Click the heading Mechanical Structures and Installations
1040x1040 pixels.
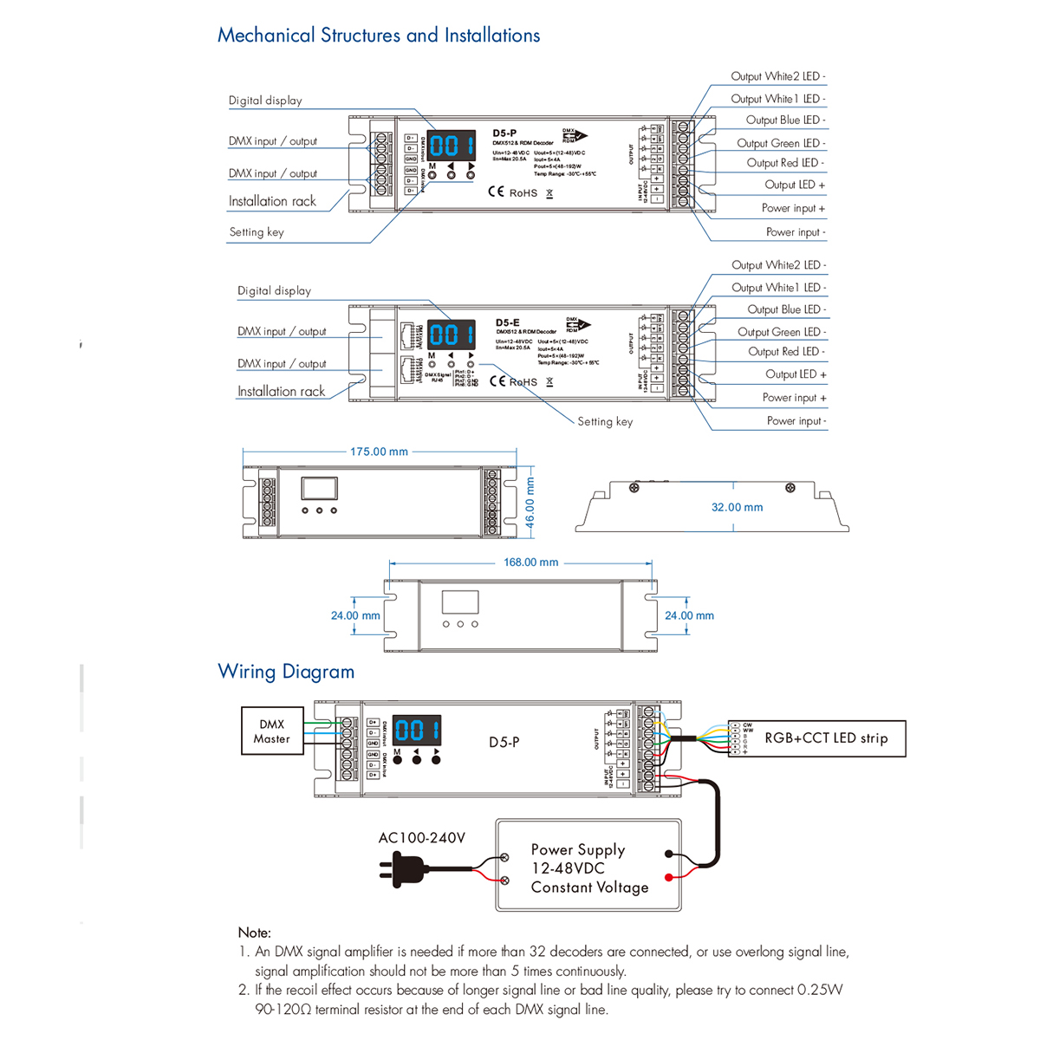(379, 36)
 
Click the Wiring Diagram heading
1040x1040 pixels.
(286, 672)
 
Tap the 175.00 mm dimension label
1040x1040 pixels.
(379, 452)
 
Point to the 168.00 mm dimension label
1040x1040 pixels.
(530, 562)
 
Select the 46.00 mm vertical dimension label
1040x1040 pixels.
(530, 503)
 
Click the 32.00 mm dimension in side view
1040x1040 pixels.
(737, 508)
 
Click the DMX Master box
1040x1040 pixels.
(271, 731)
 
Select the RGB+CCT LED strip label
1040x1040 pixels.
(825, 738)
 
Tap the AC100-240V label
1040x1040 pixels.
(422, 838)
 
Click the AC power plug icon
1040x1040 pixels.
(402, 868)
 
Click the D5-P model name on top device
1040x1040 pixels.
(504, 133)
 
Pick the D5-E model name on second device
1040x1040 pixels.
(508, 322)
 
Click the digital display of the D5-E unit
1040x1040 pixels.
(452, 335)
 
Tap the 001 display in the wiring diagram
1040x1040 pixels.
(417, 730)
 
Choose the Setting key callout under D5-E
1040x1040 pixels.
(605, 422)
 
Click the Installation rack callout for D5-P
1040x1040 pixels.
(272, 201)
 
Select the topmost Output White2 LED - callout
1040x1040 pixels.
(777, 76)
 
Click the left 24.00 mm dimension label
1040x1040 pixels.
(355, 616)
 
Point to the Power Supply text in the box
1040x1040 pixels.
(577, 850)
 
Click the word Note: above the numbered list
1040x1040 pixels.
(254, 933)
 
